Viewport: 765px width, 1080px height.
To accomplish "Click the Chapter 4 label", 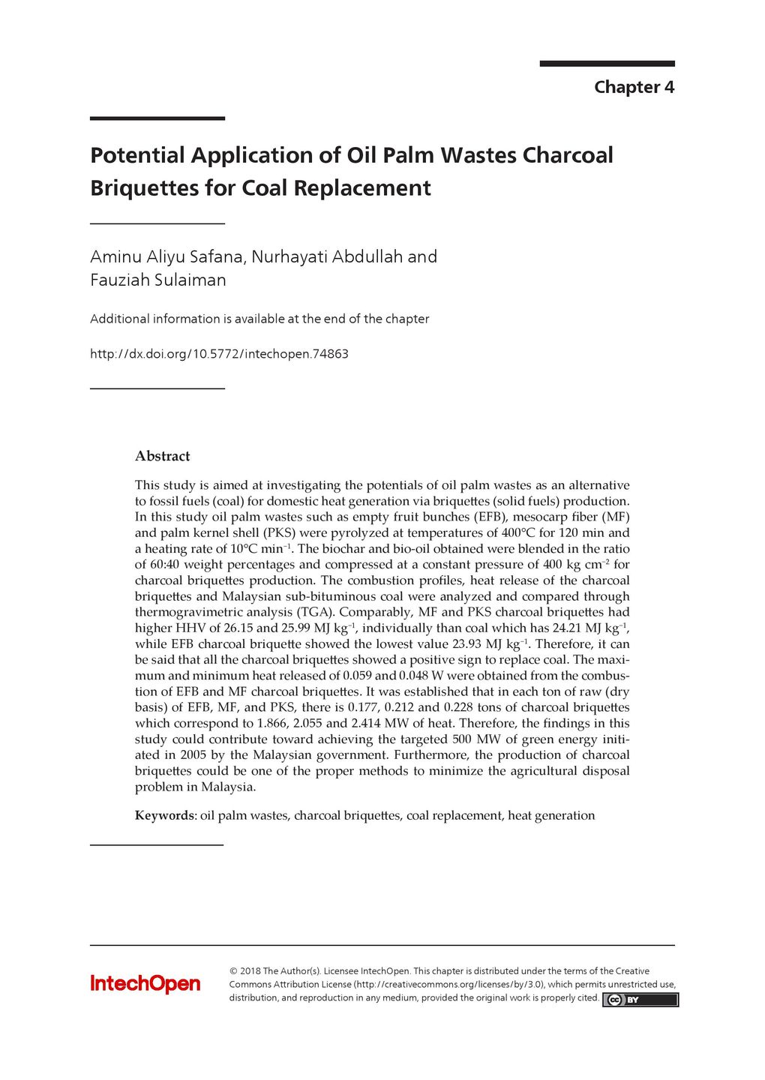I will (x=634, y=87).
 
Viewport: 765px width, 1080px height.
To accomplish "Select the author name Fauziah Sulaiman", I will (x=158, y=280).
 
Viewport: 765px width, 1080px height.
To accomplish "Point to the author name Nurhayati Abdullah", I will (x=327, y=256).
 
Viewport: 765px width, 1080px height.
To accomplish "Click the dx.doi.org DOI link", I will (x=219, y=354).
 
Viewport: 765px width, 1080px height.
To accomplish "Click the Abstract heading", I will (x=162, y=456).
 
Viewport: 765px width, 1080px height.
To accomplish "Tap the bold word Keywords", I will (x=164, y=815).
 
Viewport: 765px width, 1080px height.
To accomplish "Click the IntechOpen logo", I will (x=145, y=983).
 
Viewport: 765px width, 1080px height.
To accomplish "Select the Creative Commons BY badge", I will (x=640, y=1000).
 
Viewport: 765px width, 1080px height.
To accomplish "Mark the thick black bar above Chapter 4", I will (x=607, y=64).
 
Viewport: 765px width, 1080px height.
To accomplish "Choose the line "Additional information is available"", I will (x=259, y=319).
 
